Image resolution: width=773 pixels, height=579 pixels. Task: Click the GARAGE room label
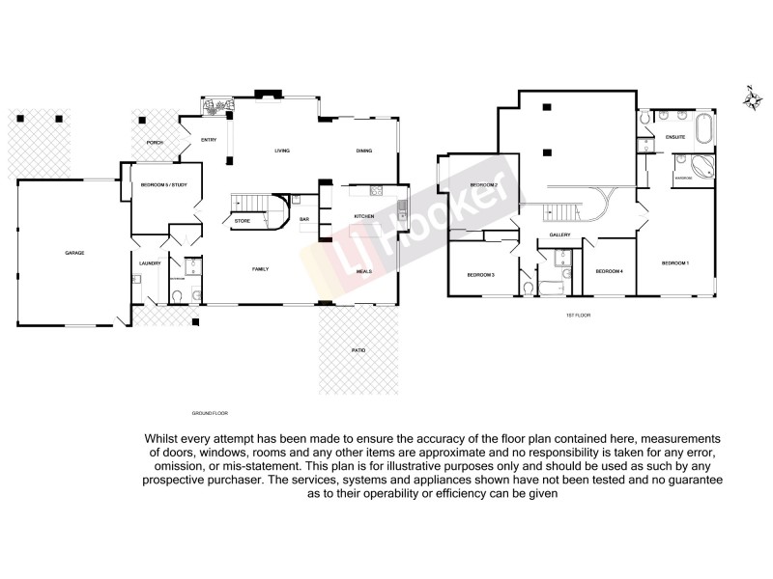(x=74, y=253)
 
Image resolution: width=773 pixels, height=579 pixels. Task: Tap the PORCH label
(x=155, y=143)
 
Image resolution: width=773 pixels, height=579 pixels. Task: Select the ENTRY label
(x=209, y=141)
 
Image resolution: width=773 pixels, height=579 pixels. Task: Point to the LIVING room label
(x=282, y=151)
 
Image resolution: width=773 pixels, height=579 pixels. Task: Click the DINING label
(x=364, y=151)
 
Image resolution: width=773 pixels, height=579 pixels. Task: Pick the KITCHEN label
(x=363, y=216)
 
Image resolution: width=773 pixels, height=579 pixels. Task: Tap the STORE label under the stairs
(x=243, y=221)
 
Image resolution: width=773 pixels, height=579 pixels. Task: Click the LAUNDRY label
(x=149, y=262)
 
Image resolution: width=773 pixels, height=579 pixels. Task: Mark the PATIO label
(x=358, y=351)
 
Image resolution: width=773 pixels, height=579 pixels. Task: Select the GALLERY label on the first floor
(x=559, y=234)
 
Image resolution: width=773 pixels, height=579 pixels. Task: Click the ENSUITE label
(x=676, y=138)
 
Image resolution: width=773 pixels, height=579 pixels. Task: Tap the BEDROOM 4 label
(x=609, y=272)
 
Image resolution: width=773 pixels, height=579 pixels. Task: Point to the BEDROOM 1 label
(x=674, y=262)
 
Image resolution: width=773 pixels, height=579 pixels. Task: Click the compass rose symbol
(x=752, y=97)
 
